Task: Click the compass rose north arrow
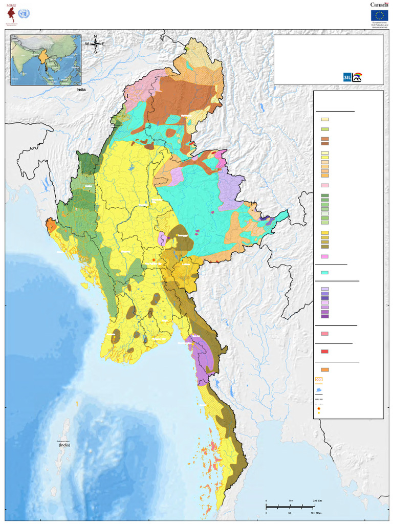(95, 43)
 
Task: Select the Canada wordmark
(379, 5)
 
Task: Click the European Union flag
(380, 15)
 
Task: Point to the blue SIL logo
(347, 77)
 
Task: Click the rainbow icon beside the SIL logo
(357, 77)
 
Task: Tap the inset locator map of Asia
(46, 59)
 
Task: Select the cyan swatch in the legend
(324, 272)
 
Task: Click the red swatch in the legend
(324, 352)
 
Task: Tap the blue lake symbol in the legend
(319, 389)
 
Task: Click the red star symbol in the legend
(319, 409)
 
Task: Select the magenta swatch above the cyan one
(324, 256)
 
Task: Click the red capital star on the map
(154, 260)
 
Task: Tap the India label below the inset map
(81, 90)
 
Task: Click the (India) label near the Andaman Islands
(64, 445)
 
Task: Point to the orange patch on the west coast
(51, 225)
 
